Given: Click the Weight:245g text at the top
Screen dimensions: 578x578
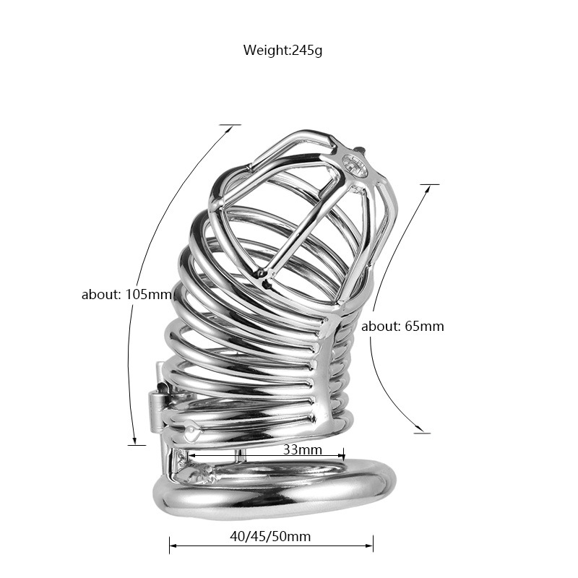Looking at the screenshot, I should [x=287, y=50].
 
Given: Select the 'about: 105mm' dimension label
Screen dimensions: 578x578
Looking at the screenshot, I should [x=126, y=295].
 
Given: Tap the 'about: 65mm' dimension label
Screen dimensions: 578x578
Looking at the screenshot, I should [x=402, y=326].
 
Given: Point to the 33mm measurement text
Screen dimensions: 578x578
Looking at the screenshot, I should [x=302, y=449].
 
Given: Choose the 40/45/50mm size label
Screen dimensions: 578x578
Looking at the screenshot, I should [x=272, y=536].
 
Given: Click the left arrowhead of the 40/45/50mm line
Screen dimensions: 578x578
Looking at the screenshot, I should [x=173, y=544].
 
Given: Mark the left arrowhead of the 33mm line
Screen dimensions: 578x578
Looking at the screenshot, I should [x=191, y=456].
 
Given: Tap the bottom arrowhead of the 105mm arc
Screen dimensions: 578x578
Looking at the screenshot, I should [x=135, y=440].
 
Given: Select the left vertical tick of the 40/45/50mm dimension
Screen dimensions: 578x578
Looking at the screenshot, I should [x=170, y=544].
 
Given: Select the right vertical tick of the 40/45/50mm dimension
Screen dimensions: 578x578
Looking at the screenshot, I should [x=374, y=544].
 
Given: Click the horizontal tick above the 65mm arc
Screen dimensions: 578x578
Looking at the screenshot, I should [x=429, y=184].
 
